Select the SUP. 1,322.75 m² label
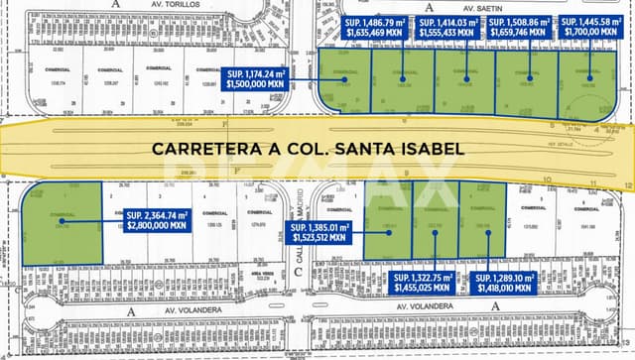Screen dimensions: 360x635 (423, 283)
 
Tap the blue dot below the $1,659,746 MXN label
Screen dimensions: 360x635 (531, 78)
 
